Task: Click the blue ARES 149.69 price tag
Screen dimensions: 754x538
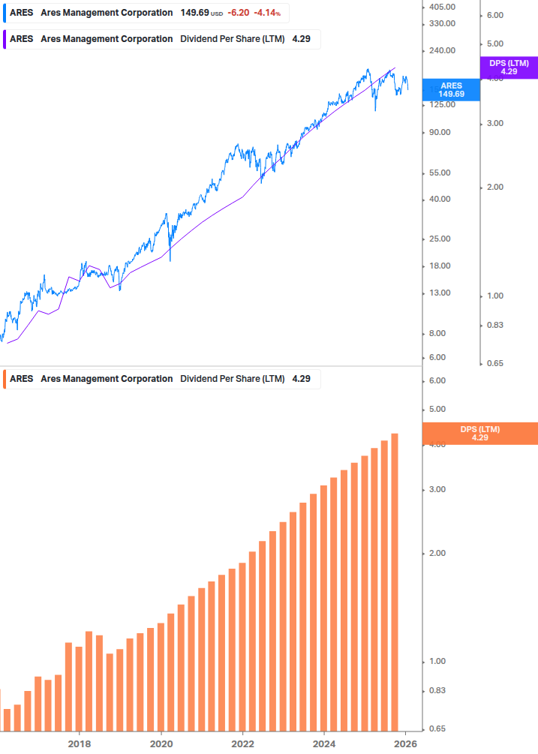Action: coord(451,89)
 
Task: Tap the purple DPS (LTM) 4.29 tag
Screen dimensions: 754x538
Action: coord(509,68)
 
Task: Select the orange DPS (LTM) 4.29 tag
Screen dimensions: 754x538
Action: coord(479,433)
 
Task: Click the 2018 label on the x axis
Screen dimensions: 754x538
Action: coord(80,743)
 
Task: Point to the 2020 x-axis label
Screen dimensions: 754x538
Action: coord(161,743)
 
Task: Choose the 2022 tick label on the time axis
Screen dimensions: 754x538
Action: coord(243,743)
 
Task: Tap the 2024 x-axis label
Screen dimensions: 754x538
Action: coord(324,743)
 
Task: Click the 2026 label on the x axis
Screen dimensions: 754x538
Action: coord(405,743)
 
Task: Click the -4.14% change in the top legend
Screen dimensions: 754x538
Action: coord(266,13)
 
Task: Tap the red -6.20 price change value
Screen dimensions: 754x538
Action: coord(239,13)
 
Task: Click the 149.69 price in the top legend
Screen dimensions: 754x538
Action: coord(194,13)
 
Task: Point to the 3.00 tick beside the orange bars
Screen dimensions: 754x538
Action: coord(437,489)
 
